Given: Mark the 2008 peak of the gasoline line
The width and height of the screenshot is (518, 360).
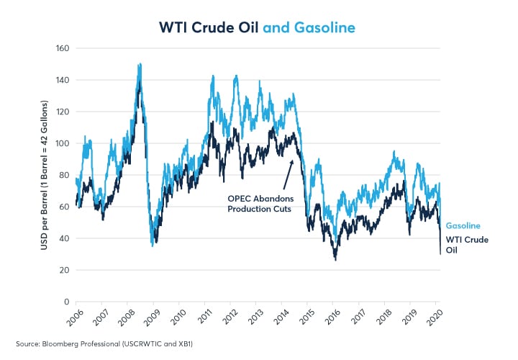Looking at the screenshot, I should tap(139, 65).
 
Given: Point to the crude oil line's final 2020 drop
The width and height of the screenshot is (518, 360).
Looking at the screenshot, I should tap(440, 241).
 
